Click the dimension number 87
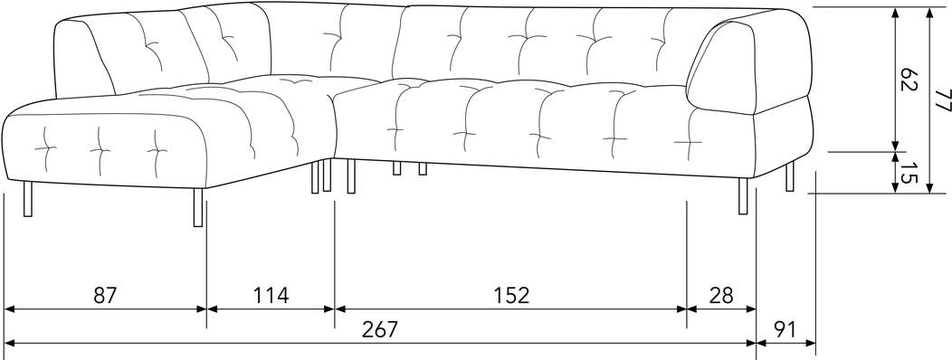click(x=104, y=295)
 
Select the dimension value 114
click(x=271, y=295)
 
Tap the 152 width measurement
click(x=510, y=295)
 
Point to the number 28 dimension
click(x=721, y=295)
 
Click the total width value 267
click(x=380, y=329)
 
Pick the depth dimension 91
click(x=785, y=329)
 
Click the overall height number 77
click(x=942, y=100)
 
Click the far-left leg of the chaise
click(x=27, y=198)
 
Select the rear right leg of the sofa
click(x=789, y=176)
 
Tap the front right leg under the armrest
click(x=743, y=196)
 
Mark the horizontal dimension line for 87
click(x=105, y=309)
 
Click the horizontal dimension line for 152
click(x=510, y=309)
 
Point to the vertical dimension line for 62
click(x=894, y=80)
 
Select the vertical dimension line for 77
click(x=929, y=100)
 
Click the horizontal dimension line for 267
click(x=380, y=344)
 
